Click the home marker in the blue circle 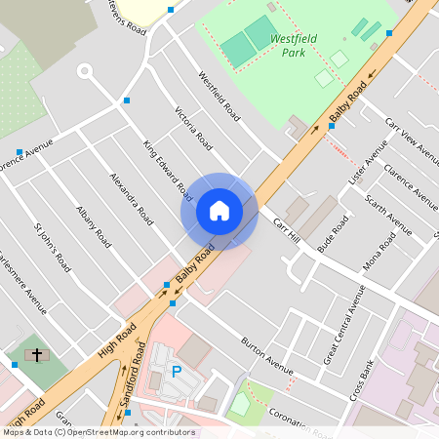point(219,211)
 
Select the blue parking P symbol point(177,371)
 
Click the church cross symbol point(37,354)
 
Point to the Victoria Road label point(193,127)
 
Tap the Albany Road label point(89,224)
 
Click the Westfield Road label point(219,95)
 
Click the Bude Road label point(333,235)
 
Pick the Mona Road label point(379,254)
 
